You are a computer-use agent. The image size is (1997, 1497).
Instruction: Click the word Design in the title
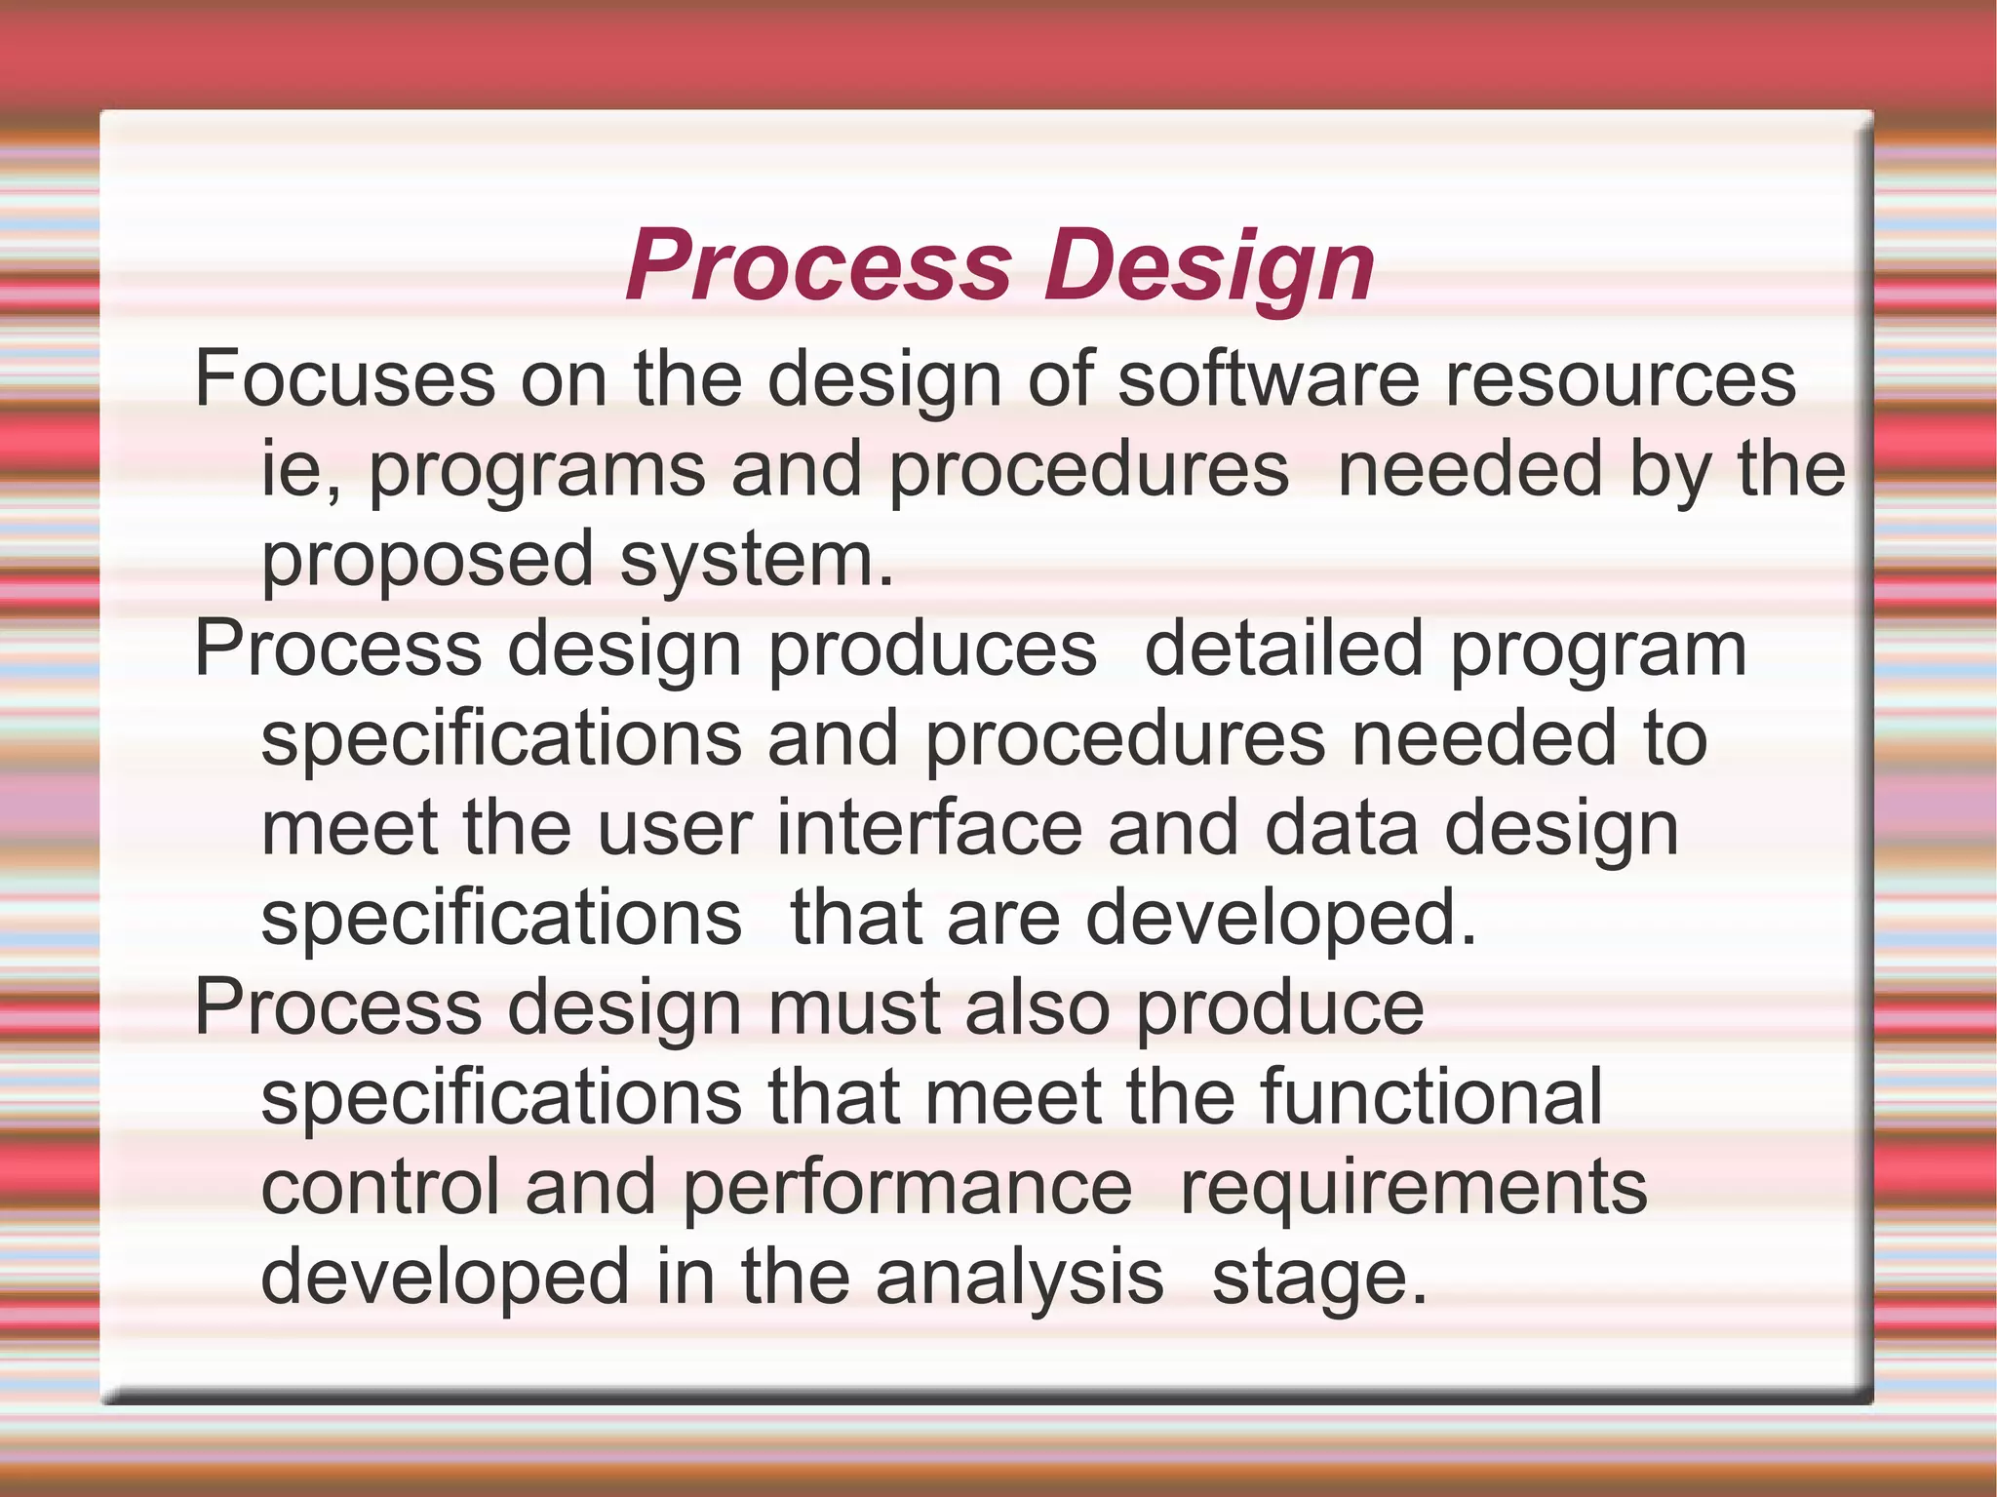1209,265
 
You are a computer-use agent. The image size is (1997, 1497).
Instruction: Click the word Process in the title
819,265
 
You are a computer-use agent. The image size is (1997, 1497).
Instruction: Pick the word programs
536,473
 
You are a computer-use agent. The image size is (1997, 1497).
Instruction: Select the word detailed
1283,649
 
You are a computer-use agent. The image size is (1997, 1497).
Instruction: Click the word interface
929,828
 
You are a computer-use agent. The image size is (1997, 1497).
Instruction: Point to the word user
674,828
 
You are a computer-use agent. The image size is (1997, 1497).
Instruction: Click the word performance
907,1189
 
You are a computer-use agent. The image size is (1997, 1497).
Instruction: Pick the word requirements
1414,1189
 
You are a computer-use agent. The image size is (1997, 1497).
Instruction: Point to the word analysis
1019,1279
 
